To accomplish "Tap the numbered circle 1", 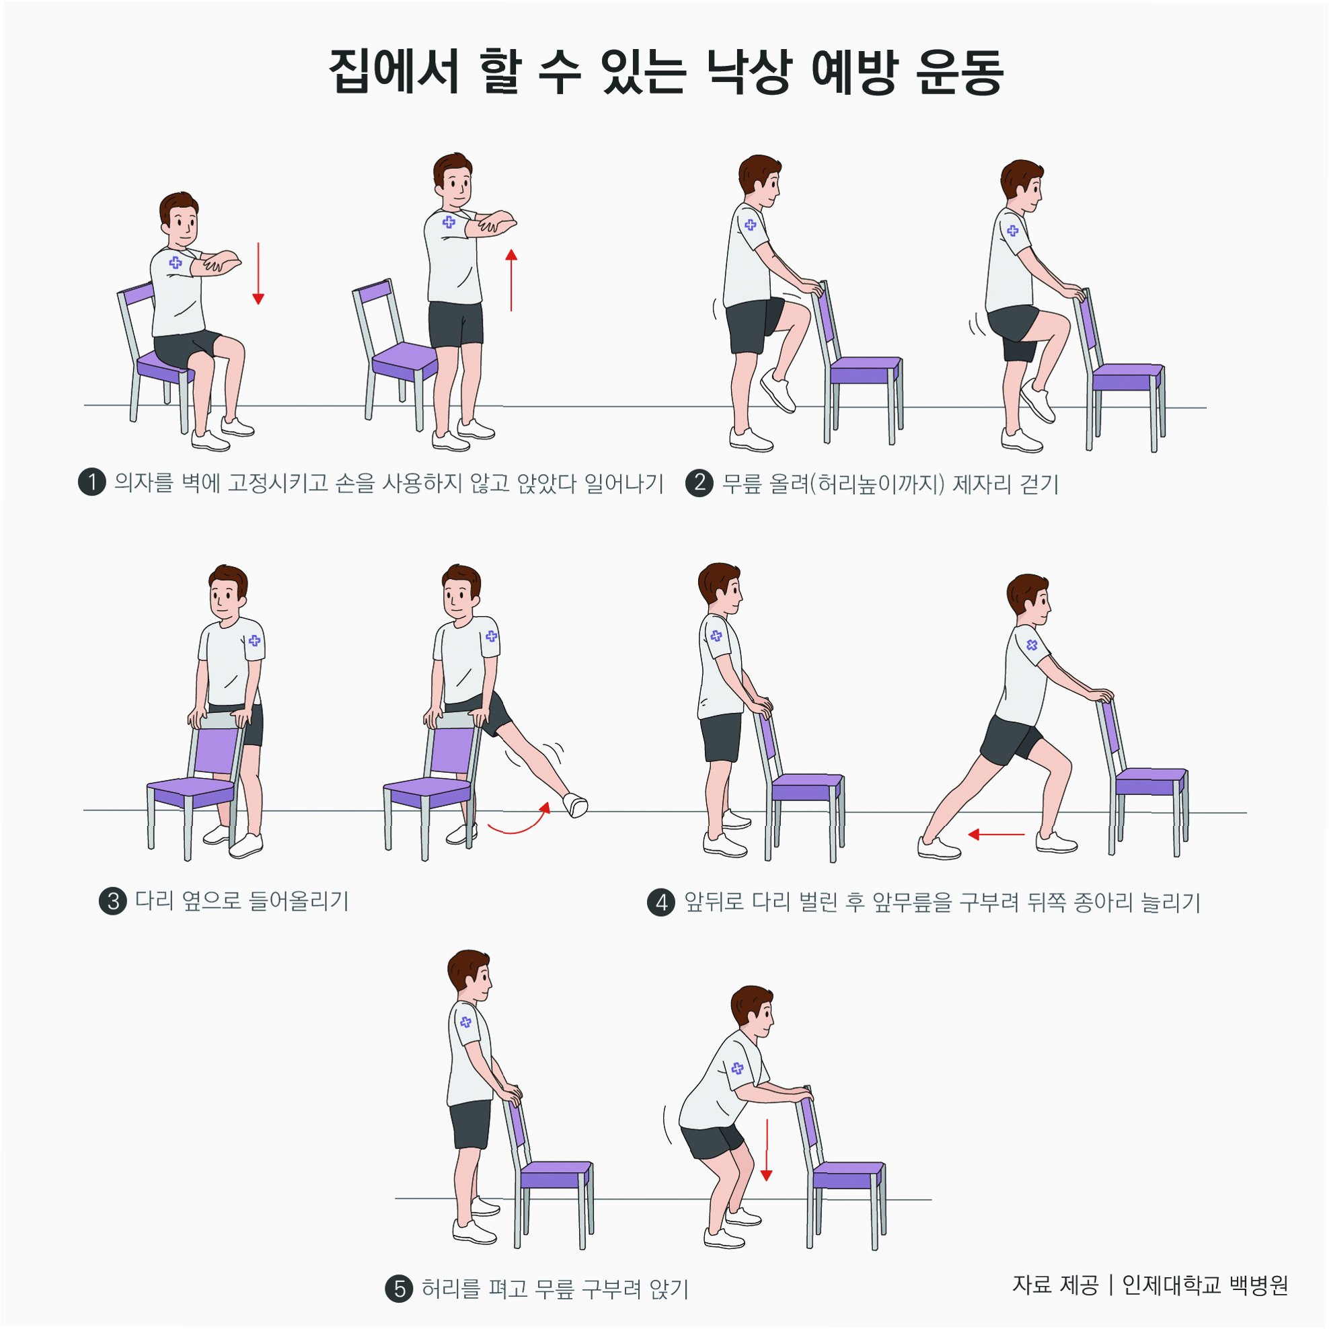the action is click(x=92, y=482).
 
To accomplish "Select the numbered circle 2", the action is click(x=699, y=482).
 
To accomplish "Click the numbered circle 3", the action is click(x=114, y=901).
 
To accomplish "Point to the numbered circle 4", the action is click(x=661, y=902).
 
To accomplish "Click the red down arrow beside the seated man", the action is click(x=258, y=273).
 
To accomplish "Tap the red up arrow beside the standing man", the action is click(x=511, y=280).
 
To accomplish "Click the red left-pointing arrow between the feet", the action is click(x=996, y=835).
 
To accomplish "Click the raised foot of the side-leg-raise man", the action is click(x=575, y=806).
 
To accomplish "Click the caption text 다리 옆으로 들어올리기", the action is click(x=241, y=901).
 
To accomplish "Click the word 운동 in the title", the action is click(x=960, y=71).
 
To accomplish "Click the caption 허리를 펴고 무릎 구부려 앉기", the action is click(x=555, y=1289).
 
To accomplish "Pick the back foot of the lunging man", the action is click(x=939, y=847).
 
